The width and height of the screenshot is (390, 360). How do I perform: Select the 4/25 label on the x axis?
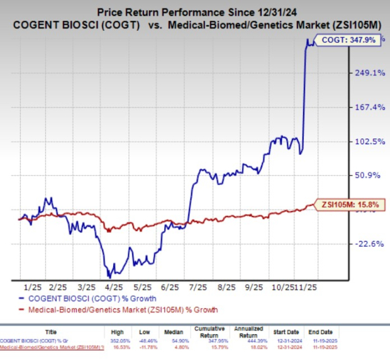(x=113, y=285)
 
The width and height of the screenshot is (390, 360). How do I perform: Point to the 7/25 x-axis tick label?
(x=198, y=285)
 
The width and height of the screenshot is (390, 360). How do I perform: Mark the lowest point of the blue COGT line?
(x=108, y=276)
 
